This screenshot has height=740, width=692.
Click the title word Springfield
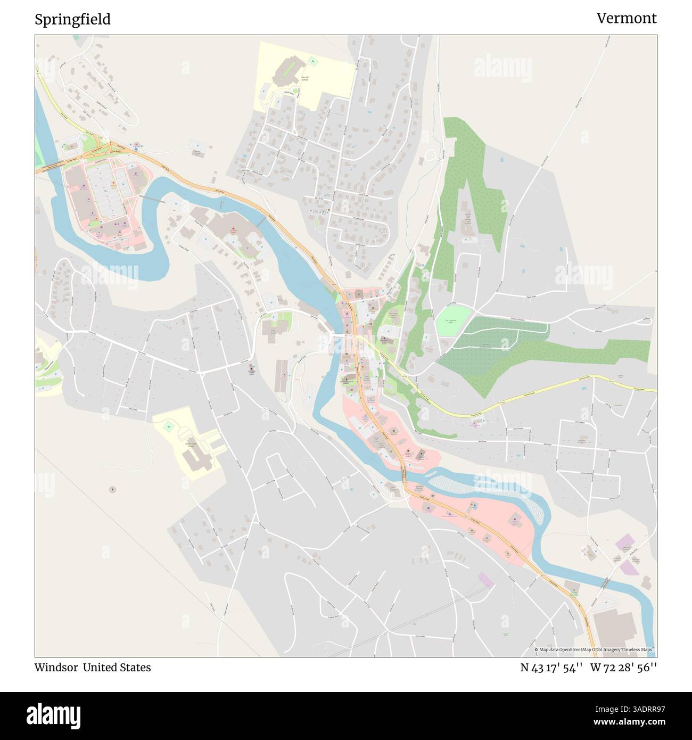click(73, 19)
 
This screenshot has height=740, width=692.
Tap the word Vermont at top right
click(626, 18)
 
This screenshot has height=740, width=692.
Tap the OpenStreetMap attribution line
click(595, 649)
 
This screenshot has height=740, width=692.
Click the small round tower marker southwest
click(112, 488)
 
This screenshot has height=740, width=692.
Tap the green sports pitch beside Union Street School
click(169, 425)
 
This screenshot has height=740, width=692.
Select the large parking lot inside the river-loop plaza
click(104, 192)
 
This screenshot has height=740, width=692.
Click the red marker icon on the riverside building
click(233, 230)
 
